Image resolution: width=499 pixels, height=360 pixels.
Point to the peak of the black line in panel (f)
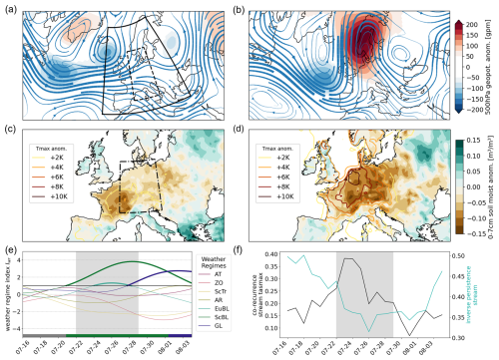(344, 258)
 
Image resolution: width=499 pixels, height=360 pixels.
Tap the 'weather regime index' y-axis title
(8, 295)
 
